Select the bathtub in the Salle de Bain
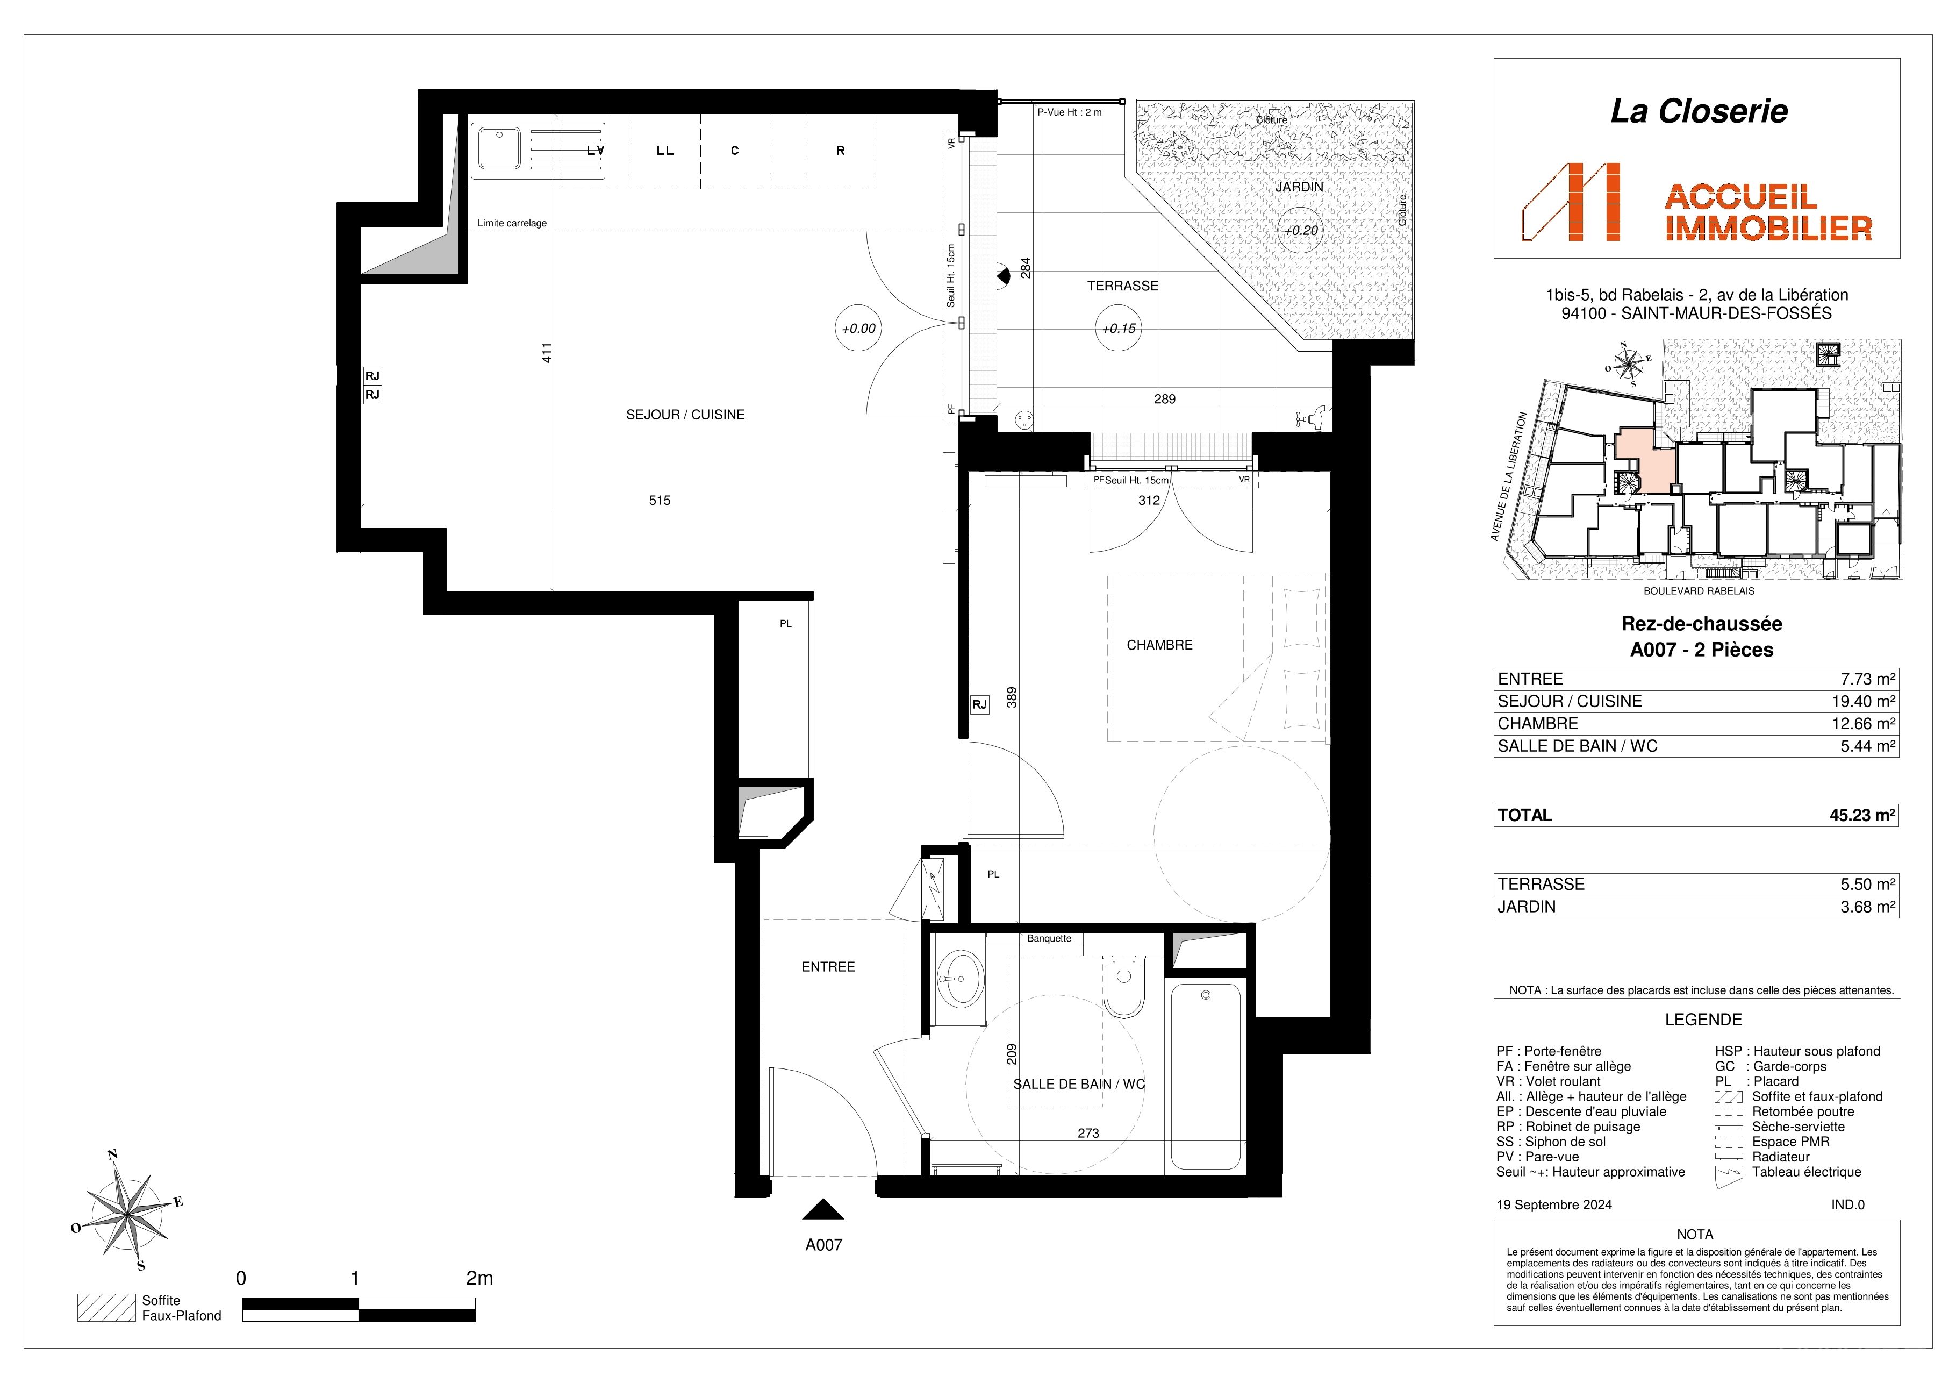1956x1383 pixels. click(x=1206, y=1077)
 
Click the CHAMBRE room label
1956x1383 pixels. click(x=1159, y=645)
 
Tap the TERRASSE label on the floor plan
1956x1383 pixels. click(x=1123, y=286)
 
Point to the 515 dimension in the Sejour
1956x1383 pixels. click(x=660, y=500)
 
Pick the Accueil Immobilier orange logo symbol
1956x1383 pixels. click(x=1571, y=202)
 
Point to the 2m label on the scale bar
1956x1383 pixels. click(x=479, y=1278)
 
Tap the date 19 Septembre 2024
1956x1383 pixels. click(x=1554, y=1205)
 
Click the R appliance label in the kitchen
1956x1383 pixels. click(x=840, y=151)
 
